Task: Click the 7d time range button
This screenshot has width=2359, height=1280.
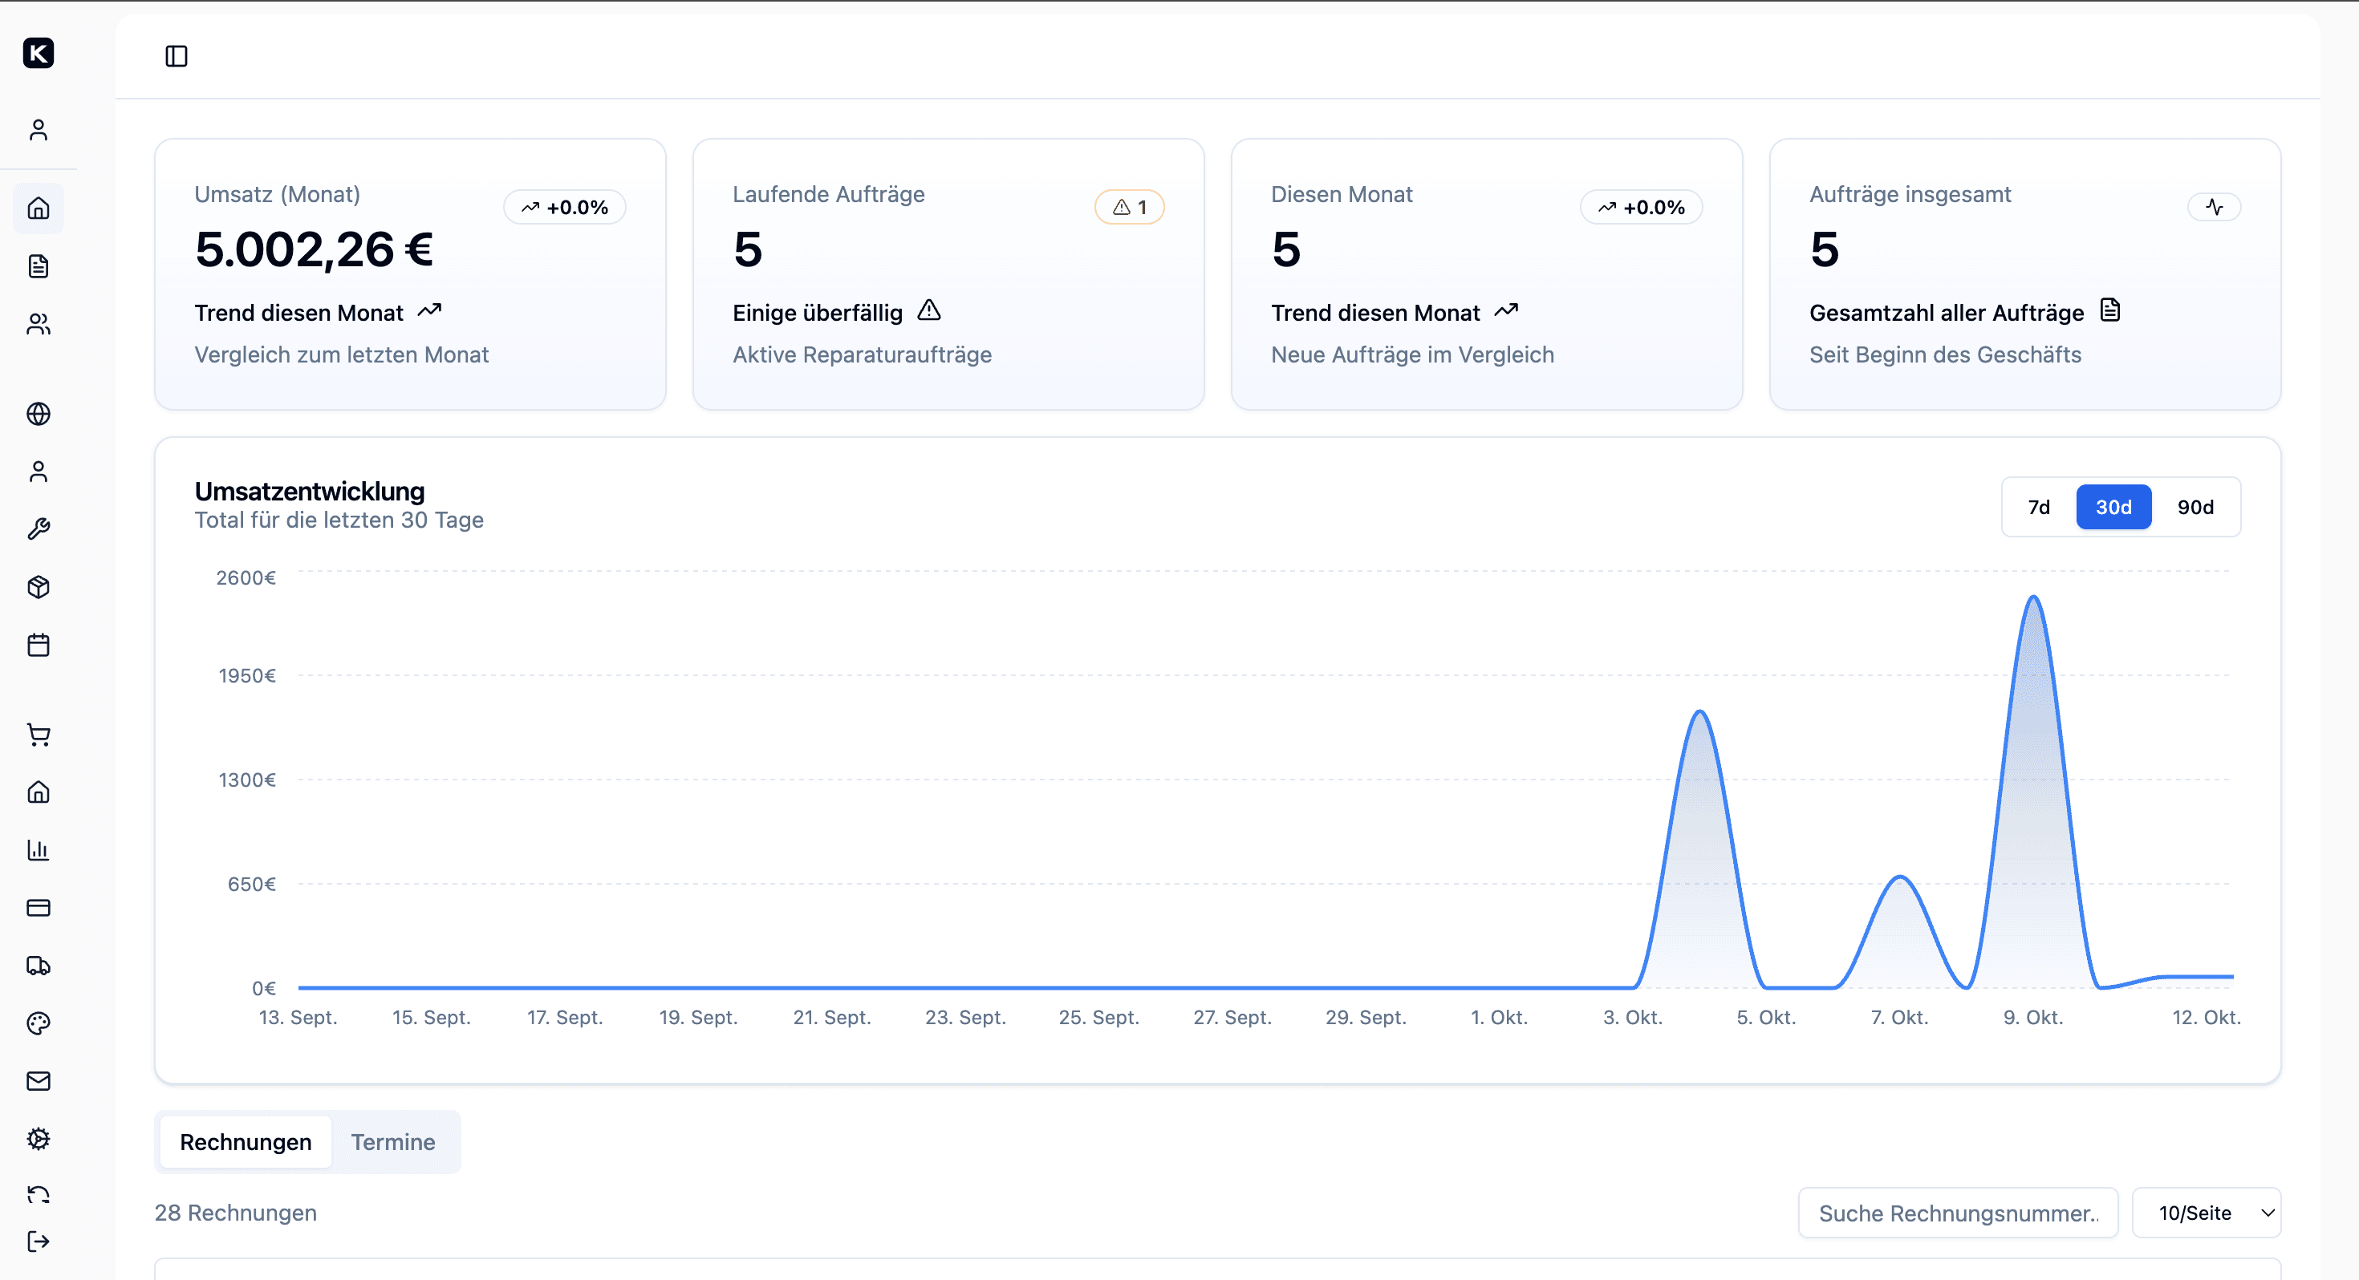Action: (x=2039, y=507)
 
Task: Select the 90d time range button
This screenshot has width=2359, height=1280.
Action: (x=2195, y=507)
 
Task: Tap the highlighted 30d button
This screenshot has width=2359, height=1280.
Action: (x=2113, y=507)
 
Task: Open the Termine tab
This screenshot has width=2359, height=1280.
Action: (x=393, y=1142)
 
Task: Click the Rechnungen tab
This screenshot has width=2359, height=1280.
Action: (x=246, y=1142)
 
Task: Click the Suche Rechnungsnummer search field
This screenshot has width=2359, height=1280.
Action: (x=1958, y=1213)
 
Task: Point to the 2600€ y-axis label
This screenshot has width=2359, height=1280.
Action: (x=246, y=577)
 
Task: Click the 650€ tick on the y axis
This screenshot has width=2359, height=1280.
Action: (x=251, y=885)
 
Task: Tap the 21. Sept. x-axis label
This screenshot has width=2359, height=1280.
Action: (x=831, y=1017)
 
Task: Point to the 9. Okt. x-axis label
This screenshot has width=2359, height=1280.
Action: (x=2033, y=1017)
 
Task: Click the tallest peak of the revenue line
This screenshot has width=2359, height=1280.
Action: (x=2034, y=597)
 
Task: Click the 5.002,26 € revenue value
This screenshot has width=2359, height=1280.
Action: (x=314, y=250)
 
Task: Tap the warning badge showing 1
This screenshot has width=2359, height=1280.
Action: (x=1129, y=208)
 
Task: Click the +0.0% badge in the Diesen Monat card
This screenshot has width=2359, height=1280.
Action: (x=1642, y=208)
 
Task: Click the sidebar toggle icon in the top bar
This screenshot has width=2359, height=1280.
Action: (x=177, y=57)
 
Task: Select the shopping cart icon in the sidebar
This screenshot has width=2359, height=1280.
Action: (x=39, y=735)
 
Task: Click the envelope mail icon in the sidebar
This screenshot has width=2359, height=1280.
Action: (x=39, y=1081)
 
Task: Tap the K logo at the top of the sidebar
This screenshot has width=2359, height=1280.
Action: (x=39, y=53)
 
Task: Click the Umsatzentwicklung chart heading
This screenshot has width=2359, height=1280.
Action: (x=310, y=492)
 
